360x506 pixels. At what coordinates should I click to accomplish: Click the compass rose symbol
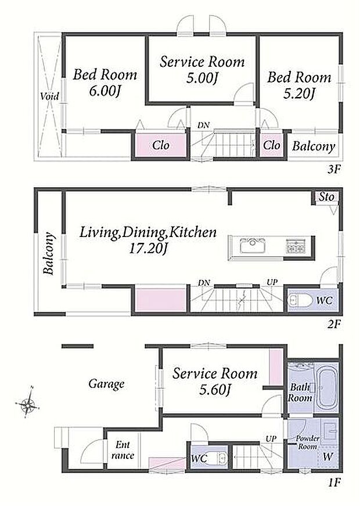tap(28, 403)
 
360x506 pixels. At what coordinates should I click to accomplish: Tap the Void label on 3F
tap(50, 96)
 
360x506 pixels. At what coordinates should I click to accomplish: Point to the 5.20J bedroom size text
tap(299, 94)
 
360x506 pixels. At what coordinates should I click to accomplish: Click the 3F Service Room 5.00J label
tap(202, 69)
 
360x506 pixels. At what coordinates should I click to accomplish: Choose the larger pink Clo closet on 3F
tap(161, 145)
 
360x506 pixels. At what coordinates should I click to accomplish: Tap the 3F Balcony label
tap(314, 146)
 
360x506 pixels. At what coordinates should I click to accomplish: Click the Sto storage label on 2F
tap(326, 197)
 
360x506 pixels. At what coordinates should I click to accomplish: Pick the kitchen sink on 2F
tap(253, 247)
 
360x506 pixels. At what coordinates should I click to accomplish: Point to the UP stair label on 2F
tap(272, 282)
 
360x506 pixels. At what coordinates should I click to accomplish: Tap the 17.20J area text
tap(148, 249)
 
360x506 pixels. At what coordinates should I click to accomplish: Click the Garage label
tap(106, 384)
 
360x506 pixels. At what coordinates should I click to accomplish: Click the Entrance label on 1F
tap(123, 450)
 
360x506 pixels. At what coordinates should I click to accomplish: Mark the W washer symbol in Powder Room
tap(327, 457)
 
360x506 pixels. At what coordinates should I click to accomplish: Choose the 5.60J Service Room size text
tap(214, 390)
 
